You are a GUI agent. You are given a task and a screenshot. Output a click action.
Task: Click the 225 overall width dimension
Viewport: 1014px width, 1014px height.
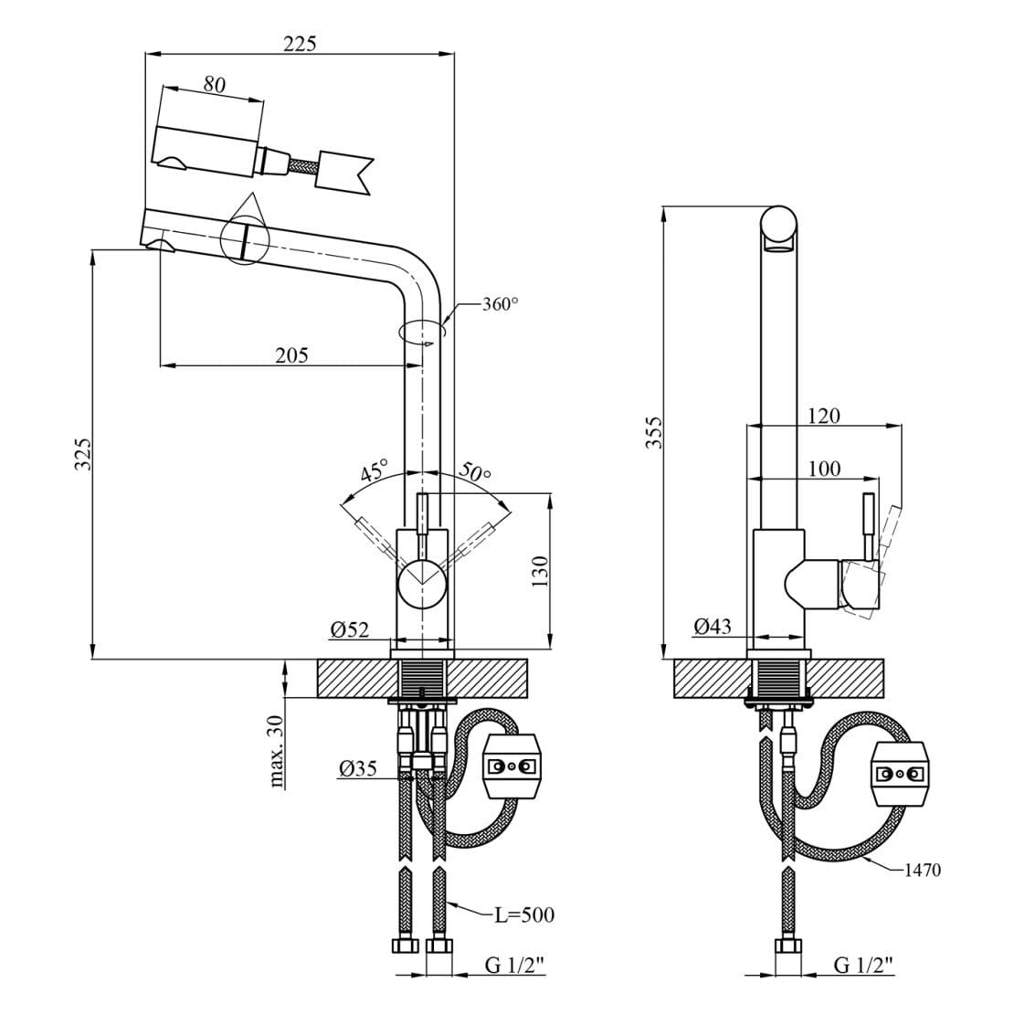(299, 42)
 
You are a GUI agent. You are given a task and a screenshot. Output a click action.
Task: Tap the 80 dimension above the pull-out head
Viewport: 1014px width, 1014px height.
(214, 85)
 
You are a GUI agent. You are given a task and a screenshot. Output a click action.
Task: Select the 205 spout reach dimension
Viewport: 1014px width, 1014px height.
(291, 355)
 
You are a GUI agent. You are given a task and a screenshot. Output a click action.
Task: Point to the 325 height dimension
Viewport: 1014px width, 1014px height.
(83, 454)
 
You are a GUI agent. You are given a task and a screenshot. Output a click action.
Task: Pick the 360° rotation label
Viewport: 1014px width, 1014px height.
(500, 305)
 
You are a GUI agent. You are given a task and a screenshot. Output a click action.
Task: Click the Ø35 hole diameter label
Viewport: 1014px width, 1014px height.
(358, 768)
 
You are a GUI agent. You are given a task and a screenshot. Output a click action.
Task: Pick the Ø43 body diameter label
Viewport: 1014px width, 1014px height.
(713, 626)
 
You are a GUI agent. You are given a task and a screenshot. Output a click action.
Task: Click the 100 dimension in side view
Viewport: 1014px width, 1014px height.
(823, 470)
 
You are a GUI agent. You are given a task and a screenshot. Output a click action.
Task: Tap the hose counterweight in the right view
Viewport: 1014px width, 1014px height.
(900, 774)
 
